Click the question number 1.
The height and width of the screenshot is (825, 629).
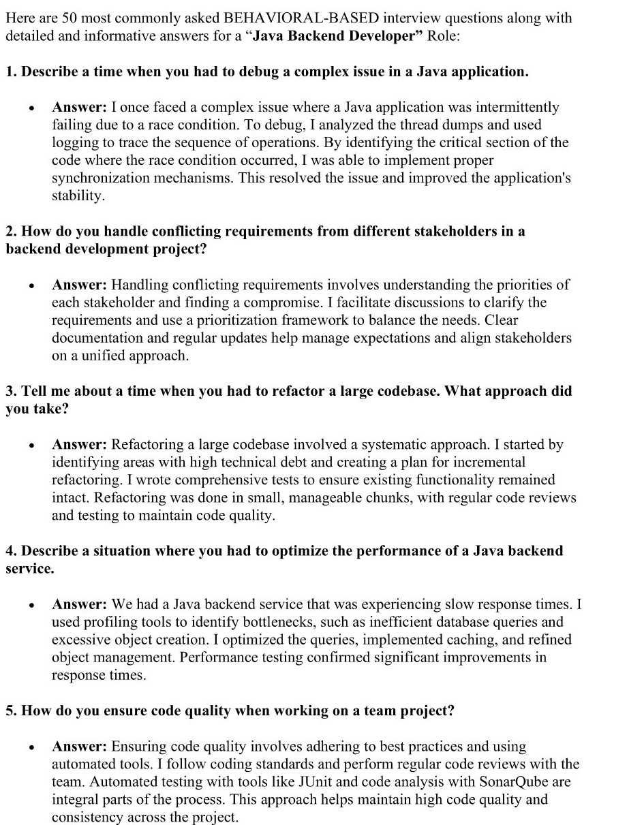[10, 72]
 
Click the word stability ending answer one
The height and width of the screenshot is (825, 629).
[78, 196]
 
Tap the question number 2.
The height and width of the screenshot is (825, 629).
[10, 231]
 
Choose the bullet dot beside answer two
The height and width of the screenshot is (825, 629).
[31, 285]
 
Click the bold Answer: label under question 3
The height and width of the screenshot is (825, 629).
[80, 444]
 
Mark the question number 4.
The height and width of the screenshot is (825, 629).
[10, 550]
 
